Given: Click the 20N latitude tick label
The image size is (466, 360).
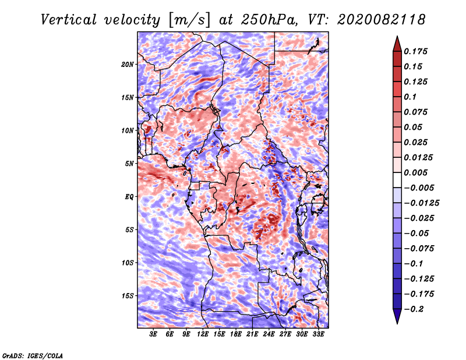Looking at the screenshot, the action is (128, 65).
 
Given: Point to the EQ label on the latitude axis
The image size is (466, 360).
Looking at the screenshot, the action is (129, 197).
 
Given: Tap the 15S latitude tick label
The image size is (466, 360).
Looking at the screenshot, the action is (128, 296).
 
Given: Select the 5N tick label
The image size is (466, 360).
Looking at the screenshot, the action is (129, 164).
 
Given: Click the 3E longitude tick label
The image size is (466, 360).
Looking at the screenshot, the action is (153, 334).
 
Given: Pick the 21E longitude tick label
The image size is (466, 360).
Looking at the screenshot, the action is (252, 334).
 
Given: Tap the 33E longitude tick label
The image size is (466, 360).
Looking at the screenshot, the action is (318, 334).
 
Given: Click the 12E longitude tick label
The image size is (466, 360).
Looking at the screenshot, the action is (203, 334).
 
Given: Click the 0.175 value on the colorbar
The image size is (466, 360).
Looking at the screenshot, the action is (415, 51).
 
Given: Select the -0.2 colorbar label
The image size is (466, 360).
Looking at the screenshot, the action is (414, 309).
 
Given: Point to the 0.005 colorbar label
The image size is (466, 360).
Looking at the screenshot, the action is (415, 172).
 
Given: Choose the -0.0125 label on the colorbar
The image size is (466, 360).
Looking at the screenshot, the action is (421, 203).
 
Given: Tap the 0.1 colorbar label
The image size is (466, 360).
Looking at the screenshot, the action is (410, 97).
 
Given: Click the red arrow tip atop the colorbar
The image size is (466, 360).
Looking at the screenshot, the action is (397, 36).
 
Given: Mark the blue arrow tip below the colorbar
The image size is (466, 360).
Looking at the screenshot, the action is (397, 323).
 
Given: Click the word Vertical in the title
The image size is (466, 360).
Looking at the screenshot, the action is (69, 20).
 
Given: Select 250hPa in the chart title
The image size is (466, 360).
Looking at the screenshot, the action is (269, 20).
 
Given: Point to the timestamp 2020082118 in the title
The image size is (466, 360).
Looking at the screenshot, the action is (382, 20).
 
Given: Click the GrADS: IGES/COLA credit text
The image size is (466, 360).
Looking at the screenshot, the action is (33, 356).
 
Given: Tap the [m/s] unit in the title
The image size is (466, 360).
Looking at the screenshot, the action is (189, 20).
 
